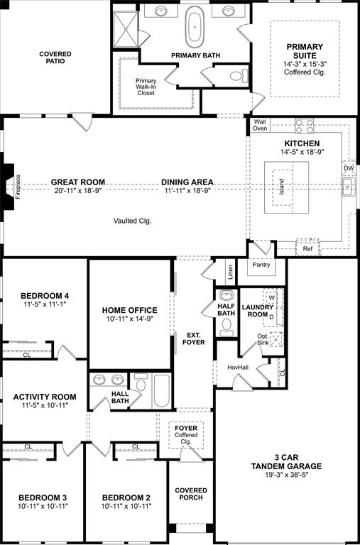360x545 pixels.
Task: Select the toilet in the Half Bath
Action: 227,326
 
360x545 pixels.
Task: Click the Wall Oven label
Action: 260,125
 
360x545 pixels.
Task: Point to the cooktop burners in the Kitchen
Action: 305,126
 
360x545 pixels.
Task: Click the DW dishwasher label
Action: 349,169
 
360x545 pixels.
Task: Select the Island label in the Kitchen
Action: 282,187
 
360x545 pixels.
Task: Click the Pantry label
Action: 261,265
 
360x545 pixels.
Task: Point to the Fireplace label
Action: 18,187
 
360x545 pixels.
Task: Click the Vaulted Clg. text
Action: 133,221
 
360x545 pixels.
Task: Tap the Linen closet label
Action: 230,272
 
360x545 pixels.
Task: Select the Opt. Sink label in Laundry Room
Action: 263,338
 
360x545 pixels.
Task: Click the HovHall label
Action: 237,367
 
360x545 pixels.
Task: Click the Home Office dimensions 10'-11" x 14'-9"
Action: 129,319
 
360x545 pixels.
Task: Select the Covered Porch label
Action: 191,494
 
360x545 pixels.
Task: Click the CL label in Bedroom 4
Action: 27,355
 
